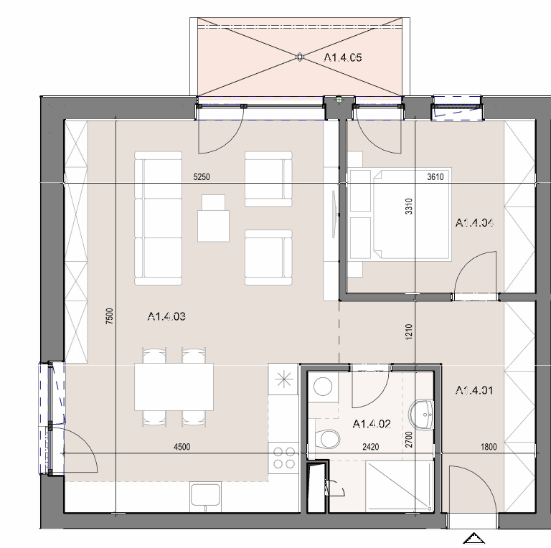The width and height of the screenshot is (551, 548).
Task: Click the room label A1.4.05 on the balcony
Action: (x=343, y=57)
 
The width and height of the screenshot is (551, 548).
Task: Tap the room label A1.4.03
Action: (x=166, y=316)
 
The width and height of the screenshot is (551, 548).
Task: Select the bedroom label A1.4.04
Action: (x=474, y=222)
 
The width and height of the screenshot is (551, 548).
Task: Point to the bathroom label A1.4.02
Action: (x=372, y=424)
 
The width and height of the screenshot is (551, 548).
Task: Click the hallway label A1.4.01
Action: (x=474, y=390)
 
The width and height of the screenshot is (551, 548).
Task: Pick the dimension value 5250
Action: (x=202, y=176)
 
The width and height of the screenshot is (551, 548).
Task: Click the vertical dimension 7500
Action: (x=110, y=316)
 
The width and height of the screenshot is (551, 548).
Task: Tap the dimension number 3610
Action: (x=435, y=176)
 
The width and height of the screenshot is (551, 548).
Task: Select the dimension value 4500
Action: (x=182, y=447)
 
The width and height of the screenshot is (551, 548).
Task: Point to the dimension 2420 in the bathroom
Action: (x=371, y=447)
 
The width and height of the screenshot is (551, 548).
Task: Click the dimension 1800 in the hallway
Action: (x=489, y=447)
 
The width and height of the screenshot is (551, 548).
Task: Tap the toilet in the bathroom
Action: (x=328, y=439)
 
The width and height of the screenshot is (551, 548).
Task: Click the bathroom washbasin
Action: (x=421, y=415)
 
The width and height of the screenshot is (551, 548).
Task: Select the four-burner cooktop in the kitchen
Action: (x=284, y=458)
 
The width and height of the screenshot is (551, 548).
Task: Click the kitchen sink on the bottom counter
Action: (x=206, y=496)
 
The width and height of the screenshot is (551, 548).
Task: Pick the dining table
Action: (x=174, y=387)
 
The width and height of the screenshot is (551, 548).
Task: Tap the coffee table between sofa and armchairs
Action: (x=213, y=219)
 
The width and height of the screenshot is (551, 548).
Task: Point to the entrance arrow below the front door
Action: (x=474, y=538)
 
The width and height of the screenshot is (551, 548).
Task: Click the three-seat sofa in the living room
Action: (x=158, y=218)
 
